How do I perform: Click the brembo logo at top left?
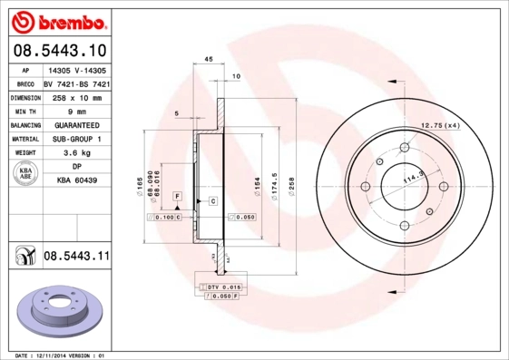tap(56, 19)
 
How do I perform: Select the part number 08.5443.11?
tap(76, 257)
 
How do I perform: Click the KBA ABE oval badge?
tap(26, 174)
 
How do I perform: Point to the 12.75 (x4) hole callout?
tap(441, 124)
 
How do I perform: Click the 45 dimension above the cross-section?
tap(208, 59)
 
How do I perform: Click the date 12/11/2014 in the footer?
tap(61, 355)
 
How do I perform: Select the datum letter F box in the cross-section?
tap(178, 196)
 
